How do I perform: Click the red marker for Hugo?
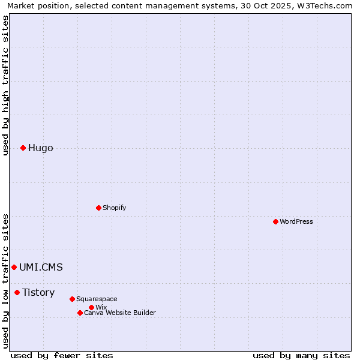pyautogui.click(x=23, y=148)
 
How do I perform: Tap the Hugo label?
pyautogui.click(x=41, y=148)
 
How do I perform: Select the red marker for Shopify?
pyautogui.click(x=98, y=208)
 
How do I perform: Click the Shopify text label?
pyautogui.click(x=114, y=208)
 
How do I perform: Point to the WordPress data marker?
pyautogui.click(x=275, y=221)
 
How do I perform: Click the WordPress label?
pyautogui.click(x=296, y=222)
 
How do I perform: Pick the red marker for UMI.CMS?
pyautogui.click(x=14, y=267)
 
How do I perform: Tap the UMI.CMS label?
pyautogui.click(x=41, y=268)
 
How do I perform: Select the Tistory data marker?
pyautogui.click(x=17, y=292)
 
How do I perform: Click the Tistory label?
pyautogui.click(x=38, y=293)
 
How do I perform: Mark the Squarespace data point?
pyautogui.click(x=72, y=299)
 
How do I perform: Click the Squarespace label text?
pyautogui.click(x=97, y=299)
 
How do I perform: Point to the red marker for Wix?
pyautogui.click(x=91, y=307)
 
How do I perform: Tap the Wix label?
pyautogui.click(x=101, y=308)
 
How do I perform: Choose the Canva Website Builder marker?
pyautogui.click(x=80, y=313)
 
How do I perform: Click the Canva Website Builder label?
pyautogui.click(x=120, y=313)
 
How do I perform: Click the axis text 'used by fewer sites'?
pyautogui.click(x=62, y=355)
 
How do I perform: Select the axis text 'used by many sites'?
pyautogui.click(x=301, y=355)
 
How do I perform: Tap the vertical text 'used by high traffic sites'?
pyautogui.click(x=5, y=85)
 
